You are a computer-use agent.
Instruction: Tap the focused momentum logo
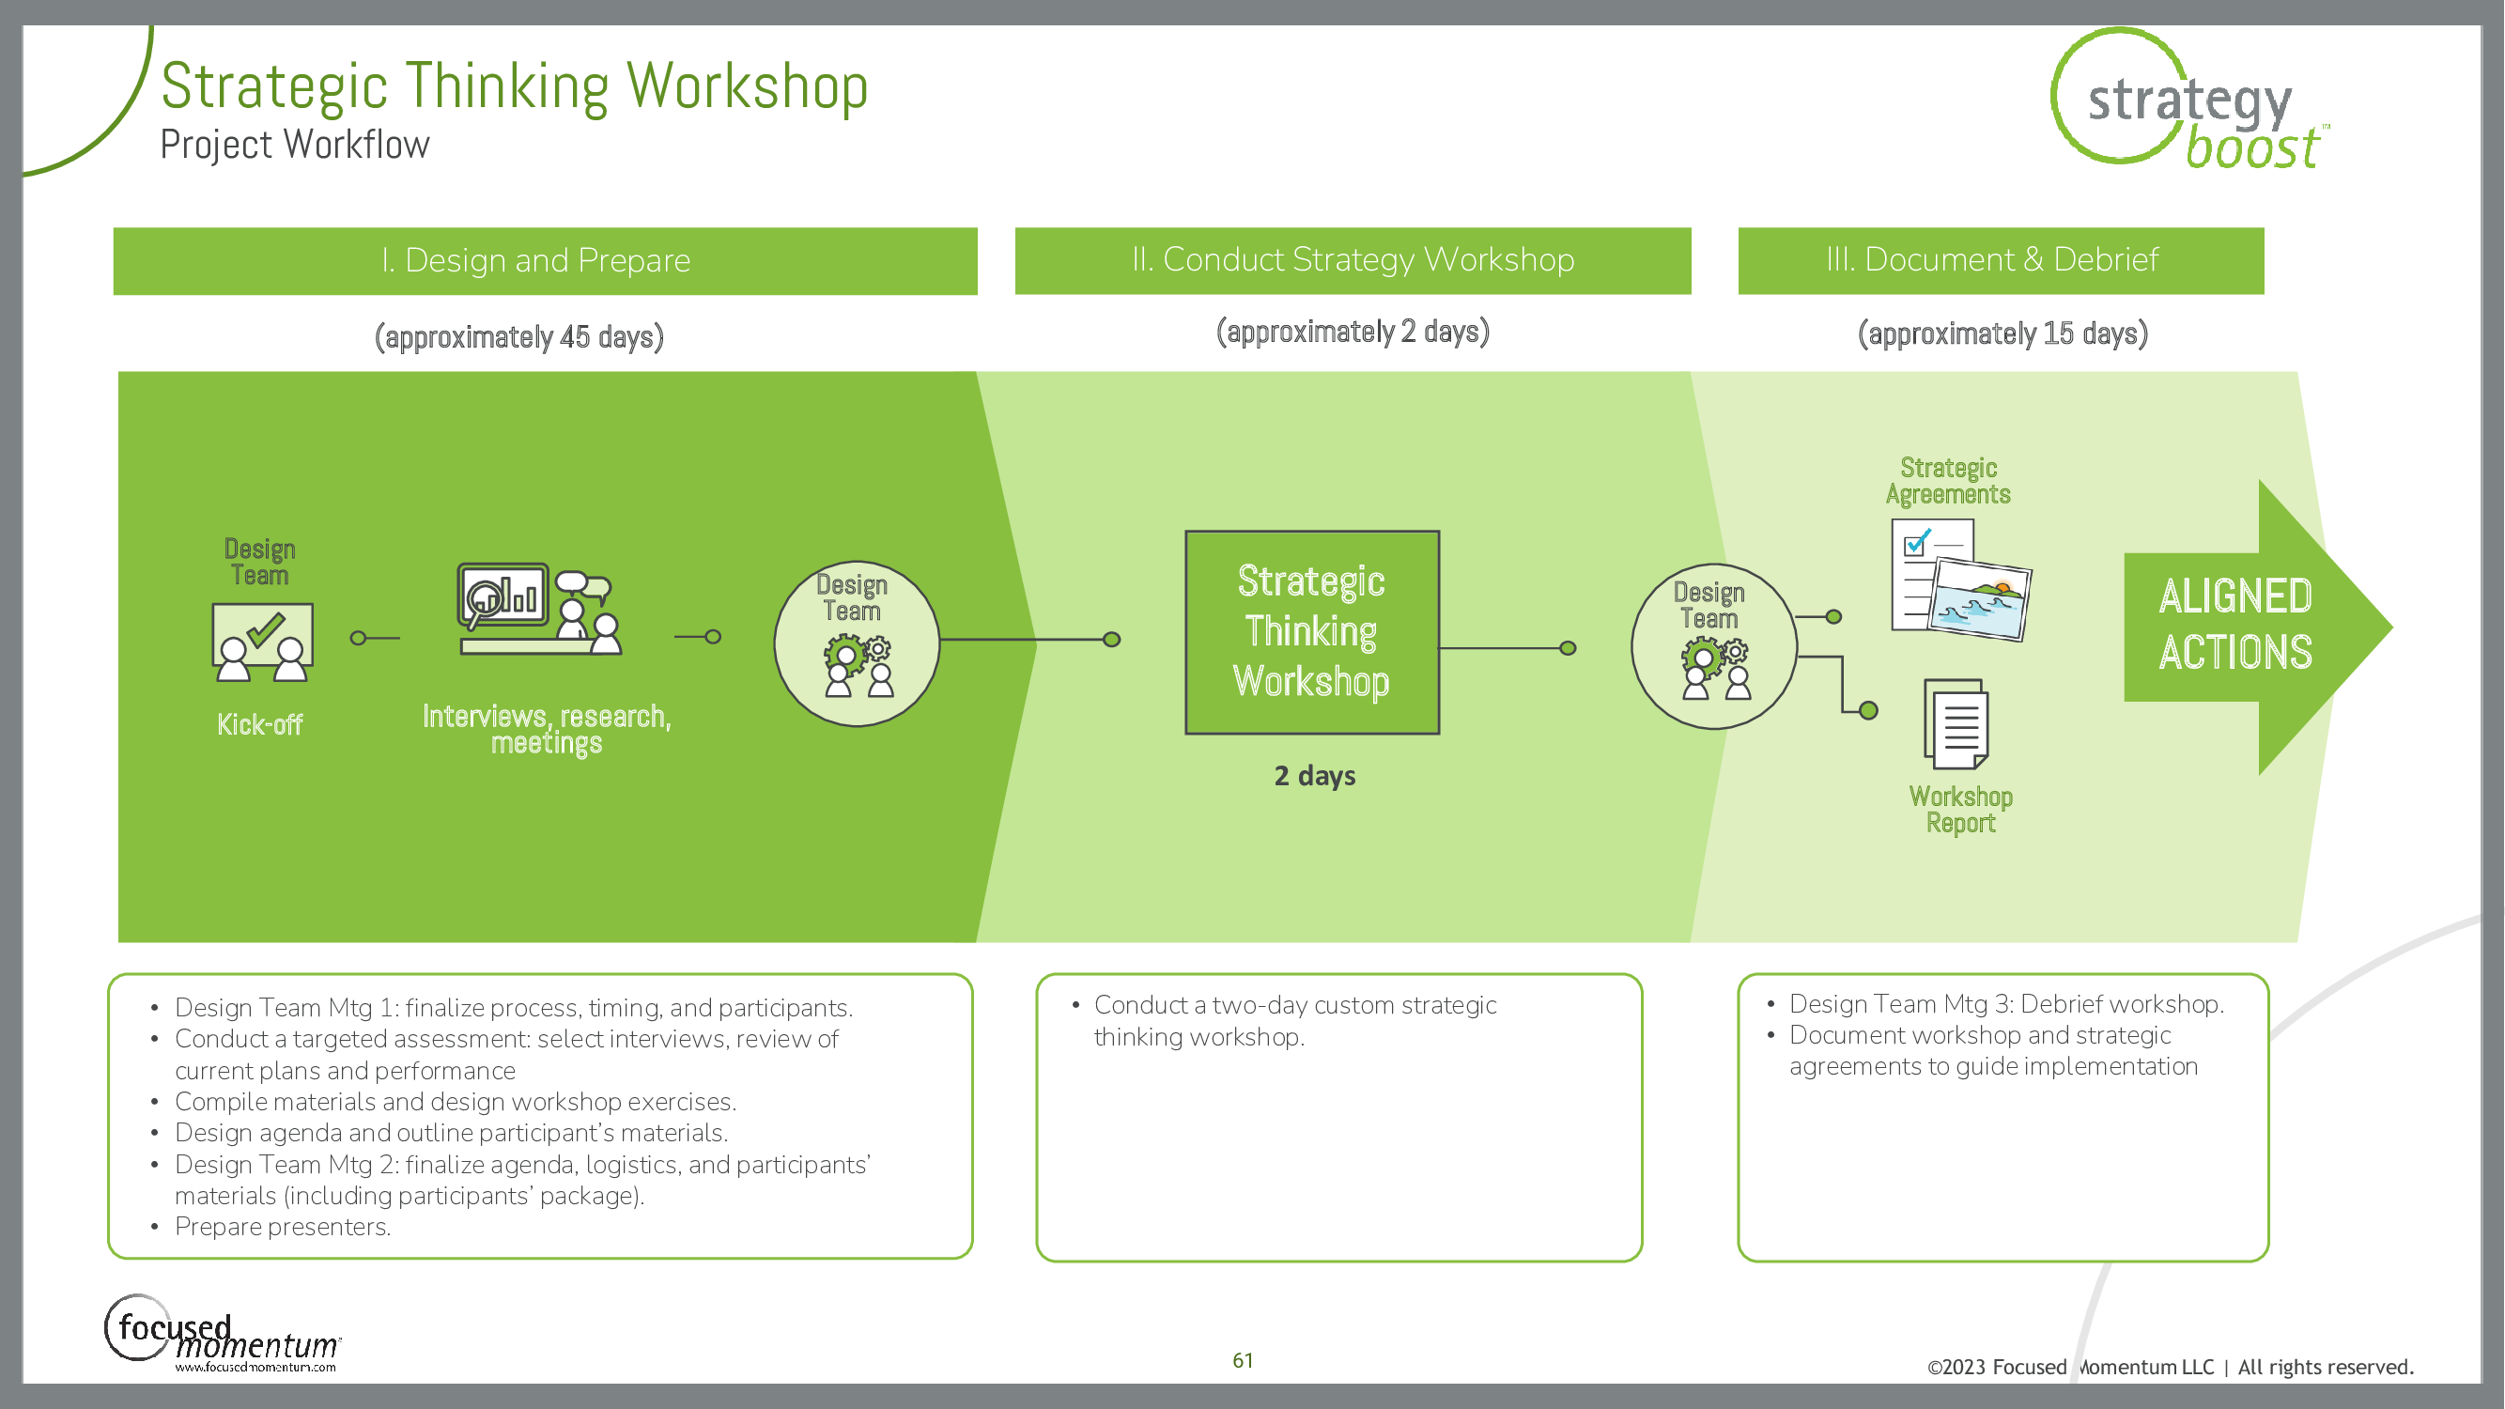point(222,1335)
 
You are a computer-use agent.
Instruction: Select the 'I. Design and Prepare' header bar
point(545,260)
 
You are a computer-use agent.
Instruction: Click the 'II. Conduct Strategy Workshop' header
point(1353,260)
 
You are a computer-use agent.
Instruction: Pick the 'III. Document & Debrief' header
point(2001,260)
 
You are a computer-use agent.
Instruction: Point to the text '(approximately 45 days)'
point(519,337)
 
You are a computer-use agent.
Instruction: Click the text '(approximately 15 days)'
point(2002,334)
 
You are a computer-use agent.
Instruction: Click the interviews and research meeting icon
point(540,609)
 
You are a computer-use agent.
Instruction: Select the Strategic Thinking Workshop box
point(1312,632)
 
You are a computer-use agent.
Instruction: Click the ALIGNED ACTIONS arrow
point(2247,627)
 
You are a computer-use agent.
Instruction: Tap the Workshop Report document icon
point(1956,724)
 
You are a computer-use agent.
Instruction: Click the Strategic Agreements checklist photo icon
point(1959,580)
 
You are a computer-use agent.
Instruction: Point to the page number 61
point(1243,1360)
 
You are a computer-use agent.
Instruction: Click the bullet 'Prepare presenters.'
point(282,1227)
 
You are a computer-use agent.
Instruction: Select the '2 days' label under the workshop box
point(1315,776)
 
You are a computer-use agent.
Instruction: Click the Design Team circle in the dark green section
point(856,643)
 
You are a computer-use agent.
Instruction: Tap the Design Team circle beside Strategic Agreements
point(1713,646)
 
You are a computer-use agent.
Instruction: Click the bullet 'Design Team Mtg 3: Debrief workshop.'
point(2005,1004)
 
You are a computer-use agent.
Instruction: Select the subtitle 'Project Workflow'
point(295,146)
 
